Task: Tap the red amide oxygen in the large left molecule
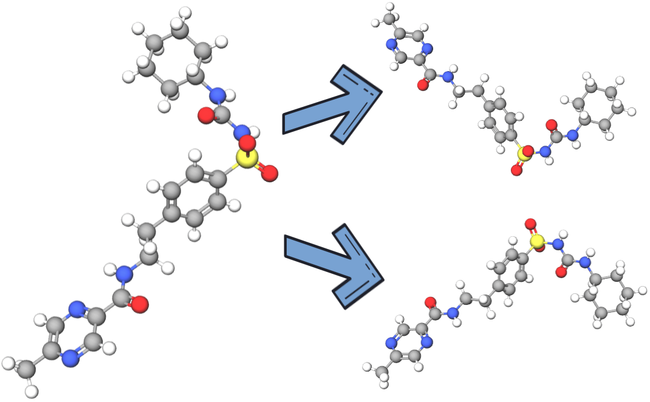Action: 140,304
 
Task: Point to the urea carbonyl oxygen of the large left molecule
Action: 206,115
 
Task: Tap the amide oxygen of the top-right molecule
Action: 422,84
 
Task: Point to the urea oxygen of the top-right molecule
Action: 552,125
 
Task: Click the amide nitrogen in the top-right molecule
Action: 448,76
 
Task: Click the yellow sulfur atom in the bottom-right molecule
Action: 537,242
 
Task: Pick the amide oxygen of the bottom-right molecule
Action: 431,302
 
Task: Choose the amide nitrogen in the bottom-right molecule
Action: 451,313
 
